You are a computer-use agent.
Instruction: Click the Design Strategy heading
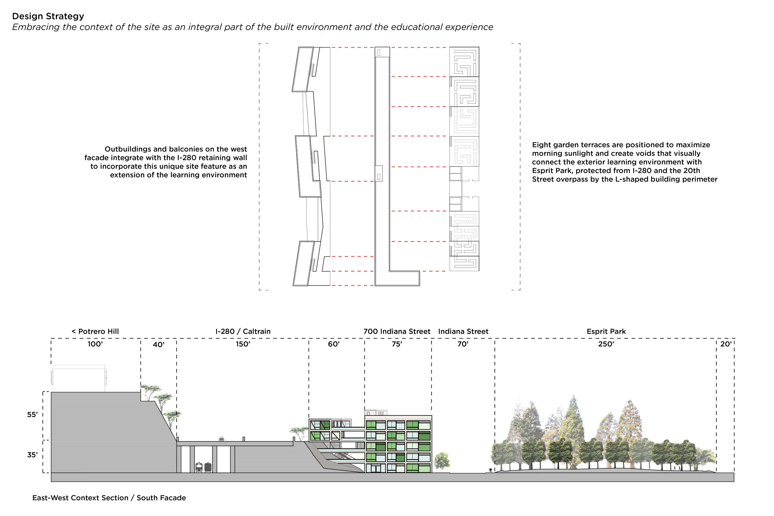coord(48,16)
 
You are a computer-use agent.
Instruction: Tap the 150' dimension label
coord(243,344)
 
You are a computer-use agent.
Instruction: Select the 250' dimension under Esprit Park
coord(606,344)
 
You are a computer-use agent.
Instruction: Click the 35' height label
coord(33,455)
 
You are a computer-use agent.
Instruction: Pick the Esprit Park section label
coord(606,332)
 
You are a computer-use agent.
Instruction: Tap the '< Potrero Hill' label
coord(95,332)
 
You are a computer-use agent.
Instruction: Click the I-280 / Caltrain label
coord(243,332)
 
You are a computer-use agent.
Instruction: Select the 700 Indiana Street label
coord(397,332)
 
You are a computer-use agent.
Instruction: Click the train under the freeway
coord(203,467)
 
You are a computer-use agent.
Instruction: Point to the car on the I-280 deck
coord(221,439)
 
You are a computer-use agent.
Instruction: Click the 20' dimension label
coord(726,344)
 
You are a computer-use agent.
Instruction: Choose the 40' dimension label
coord(159,345)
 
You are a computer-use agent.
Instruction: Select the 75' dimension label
coord(397,344)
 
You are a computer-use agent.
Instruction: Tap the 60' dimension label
coord(333,344)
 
